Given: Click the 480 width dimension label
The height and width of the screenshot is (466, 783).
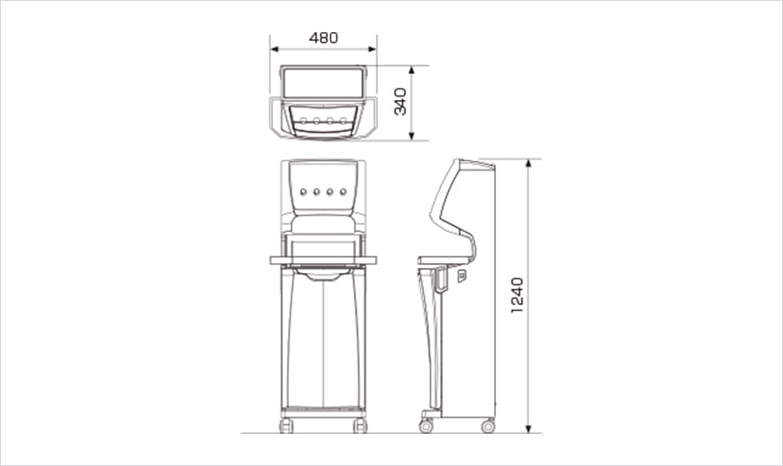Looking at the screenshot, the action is point(324,38).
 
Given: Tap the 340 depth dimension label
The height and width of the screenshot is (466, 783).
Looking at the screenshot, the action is point(400,101).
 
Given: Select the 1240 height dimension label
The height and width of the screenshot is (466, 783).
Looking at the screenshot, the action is point(518,296).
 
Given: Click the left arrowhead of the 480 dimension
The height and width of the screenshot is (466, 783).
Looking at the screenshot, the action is point(274,49).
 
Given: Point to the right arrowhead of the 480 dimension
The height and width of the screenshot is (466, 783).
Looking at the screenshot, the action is point(372,49).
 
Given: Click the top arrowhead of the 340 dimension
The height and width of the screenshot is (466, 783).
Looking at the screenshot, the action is point(412,70).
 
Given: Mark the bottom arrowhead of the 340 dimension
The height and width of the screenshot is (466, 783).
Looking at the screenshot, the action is point(412,136).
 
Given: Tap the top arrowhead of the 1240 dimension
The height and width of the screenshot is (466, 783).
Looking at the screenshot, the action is point(529,163).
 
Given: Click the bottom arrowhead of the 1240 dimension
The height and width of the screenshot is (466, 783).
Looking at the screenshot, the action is point(529,429).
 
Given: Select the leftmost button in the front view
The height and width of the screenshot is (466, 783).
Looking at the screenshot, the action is point(303,191).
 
